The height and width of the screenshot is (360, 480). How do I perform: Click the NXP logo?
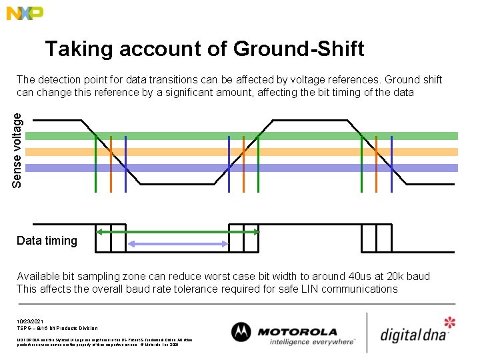[x=25, y=13]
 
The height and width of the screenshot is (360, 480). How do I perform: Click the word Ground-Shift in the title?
[x=299, y=49]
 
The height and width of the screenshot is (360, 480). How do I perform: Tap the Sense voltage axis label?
[x=20, y=150]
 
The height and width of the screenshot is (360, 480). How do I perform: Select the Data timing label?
[x=47, y=241]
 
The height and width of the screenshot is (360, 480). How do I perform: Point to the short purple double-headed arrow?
[x=178, y=245]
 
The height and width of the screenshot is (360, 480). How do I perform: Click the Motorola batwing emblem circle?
[x=241, y=332]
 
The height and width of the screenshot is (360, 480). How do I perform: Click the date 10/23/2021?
[x=31, y=321]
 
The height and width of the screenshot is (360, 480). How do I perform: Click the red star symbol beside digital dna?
[x=450, y=323]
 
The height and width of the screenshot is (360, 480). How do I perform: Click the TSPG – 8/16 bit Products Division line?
[x=57, y=328]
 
